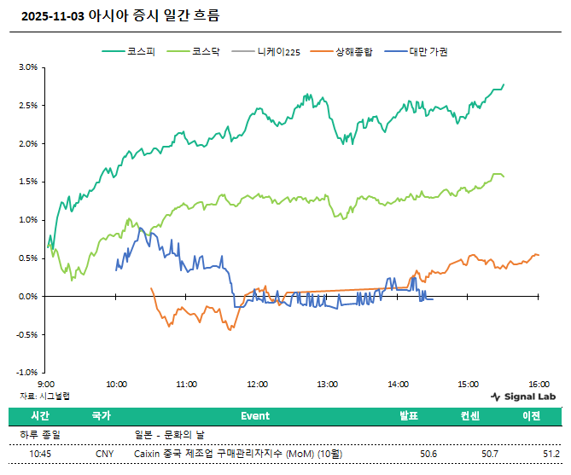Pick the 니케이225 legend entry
[277, 51]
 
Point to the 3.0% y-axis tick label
[27, 67]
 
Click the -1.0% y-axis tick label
[26, 373]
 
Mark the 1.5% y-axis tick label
[27, 182]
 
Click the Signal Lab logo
[523, 397]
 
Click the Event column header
[254, 416]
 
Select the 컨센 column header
[472, 416]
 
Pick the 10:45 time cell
[40, 454]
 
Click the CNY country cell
[104, 454]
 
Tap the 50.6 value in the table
[428, 454]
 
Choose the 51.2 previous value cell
[551, 454]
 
